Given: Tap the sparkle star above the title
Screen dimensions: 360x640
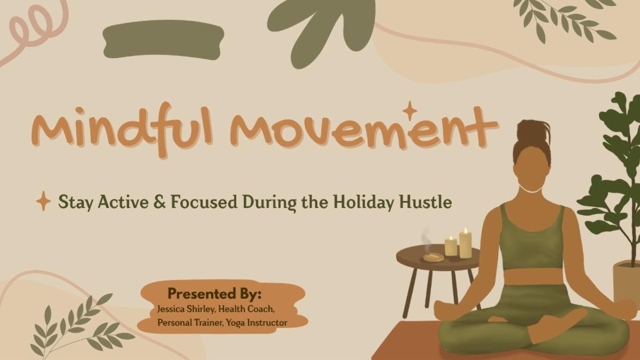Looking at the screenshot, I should [410, 111].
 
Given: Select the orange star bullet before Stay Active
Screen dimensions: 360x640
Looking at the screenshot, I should [43, 202].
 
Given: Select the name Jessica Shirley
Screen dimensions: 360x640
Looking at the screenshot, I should [186, 309].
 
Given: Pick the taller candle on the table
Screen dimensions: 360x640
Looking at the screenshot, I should [465, 244].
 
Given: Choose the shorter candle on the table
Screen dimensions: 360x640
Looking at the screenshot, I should [451, 246].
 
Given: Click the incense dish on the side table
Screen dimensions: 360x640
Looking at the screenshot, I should [433, 258].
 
